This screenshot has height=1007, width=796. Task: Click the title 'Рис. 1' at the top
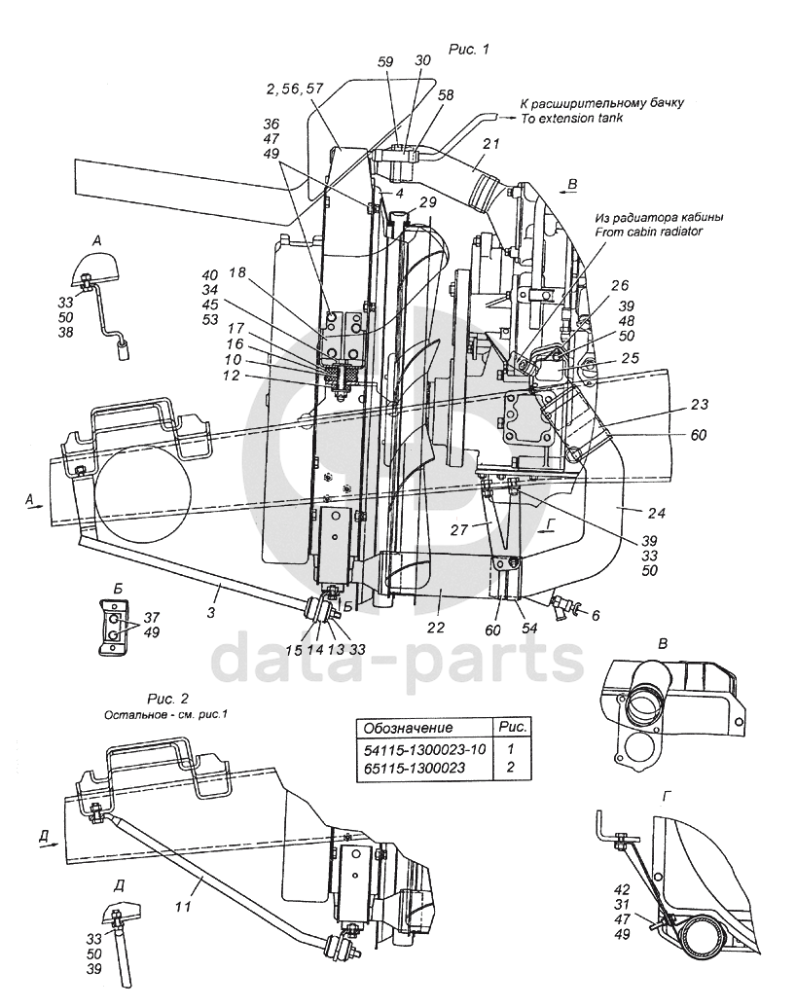[x=469, y=49]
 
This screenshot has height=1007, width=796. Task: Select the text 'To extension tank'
[x=571, y=118]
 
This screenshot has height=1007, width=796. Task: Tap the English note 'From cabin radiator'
[x=648, y=232]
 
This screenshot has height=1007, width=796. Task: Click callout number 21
[x=490, y=144]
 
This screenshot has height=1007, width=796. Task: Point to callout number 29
[x=427, y=202]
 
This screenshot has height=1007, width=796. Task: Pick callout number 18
[x=237, y=272]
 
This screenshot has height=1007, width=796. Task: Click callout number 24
[x=656, y=513]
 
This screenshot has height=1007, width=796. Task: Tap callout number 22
[x=436, y=628]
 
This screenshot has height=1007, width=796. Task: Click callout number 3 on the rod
[x=211, y=612]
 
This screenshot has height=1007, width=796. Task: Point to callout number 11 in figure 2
[x=183, y=907]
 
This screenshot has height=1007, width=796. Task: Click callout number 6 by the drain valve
[x=596, y=615]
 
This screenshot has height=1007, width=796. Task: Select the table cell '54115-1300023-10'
[x=424, y=749]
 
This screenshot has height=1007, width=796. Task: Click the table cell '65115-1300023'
[x=415, y=768]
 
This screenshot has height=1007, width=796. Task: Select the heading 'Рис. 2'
[x=167, y=699]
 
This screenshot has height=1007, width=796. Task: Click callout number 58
[x=446, y=95]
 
